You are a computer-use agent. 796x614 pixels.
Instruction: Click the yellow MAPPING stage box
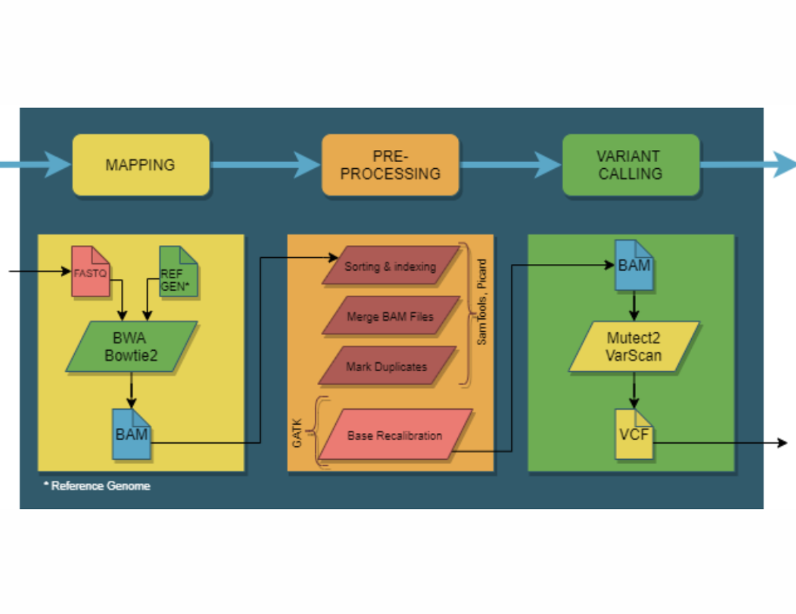coord(141,165)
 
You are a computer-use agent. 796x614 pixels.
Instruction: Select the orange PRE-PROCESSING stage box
coord(390,165)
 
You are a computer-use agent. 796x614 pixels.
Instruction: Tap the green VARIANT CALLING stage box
coord(630,165)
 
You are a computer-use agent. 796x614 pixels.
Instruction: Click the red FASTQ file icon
coord(91,272)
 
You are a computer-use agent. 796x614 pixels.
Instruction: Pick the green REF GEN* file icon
coord(178,272)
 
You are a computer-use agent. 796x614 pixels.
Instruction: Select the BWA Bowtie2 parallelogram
coord(132,347)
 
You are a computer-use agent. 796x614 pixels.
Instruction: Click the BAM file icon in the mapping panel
coord(132,434)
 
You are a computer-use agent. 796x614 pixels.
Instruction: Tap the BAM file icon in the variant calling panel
coord(633,265)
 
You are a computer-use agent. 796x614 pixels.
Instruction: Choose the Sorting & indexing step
coord(390,266)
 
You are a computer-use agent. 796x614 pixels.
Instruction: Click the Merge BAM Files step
coord(390,316)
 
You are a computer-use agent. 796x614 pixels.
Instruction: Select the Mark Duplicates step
coord(387,366)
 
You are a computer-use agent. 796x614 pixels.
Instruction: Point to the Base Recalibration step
coord(394,434)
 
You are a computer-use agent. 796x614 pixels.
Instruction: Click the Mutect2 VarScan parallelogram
coord(634,346)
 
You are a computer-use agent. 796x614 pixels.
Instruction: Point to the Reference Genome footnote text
coord(97,486)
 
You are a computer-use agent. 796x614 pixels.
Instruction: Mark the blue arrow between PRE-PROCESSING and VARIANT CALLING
coord(511,165)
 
